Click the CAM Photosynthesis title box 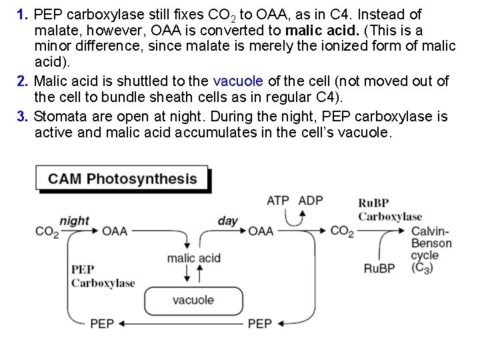[123, 179]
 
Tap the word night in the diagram [74, 221]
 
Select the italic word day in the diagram [228, 221]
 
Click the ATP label [278, 200]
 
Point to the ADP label [311, 200]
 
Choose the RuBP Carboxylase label [390, 209]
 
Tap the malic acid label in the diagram [193, 258]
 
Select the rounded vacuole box [193, 300]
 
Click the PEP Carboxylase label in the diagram [103, 276]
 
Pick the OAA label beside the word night [115, 231]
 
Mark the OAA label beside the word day [261, 231]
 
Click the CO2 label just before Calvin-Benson [342, 231]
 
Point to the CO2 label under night [47, 232]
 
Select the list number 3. [22, 116]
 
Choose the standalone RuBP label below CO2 [379, 269]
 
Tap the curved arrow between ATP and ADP [294, 217]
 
